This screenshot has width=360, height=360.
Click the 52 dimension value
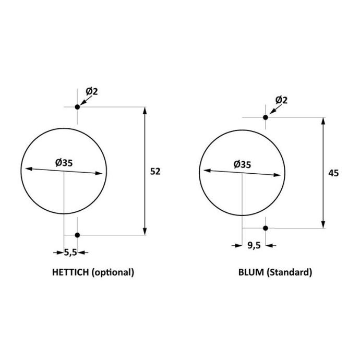coord(155,172)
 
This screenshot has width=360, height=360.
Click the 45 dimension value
coord(333,173)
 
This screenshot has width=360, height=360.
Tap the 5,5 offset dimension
coord(70,253)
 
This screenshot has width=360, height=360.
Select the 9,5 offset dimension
coord(254,245)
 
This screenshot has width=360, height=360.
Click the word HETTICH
coord(70,272)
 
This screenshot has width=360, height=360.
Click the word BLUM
coord(251,272)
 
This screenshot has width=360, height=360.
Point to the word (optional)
coord(113,272)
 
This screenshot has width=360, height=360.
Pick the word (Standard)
coord(289,272)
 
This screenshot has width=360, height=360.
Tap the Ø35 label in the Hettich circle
coord(64,163)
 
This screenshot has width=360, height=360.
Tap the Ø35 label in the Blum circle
coord(242,164)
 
